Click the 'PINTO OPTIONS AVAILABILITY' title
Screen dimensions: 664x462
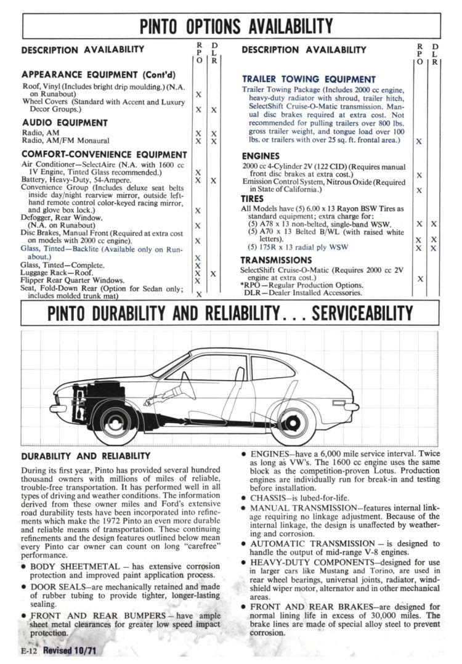point(236,26)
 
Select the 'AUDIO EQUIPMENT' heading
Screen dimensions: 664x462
point(65,123)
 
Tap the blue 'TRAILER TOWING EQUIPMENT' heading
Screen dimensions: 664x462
point(309,79)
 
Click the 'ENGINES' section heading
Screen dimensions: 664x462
point(261,156)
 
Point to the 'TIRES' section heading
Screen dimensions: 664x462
point(252,199)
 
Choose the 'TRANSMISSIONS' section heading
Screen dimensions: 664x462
point(277,261)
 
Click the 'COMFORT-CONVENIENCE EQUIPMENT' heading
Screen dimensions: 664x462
point(104,155)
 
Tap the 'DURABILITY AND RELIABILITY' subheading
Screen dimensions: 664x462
point(86,456)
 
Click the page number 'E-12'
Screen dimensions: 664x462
point(29,651)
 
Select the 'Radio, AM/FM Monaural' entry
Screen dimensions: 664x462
point(66,140)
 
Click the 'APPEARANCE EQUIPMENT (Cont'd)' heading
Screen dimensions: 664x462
point(92,75)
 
